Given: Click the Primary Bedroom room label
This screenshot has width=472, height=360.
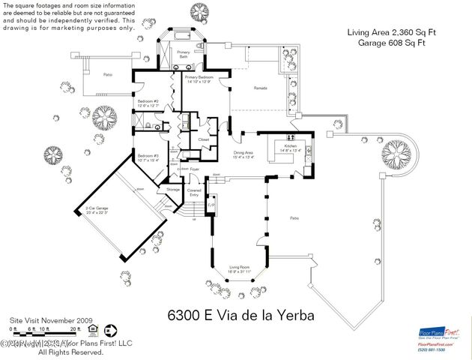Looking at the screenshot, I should pyautogui.click(x=199, y=79).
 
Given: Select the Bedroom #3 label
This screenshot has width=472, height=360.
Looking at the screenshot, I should pyautogui.click(x=148, y=157).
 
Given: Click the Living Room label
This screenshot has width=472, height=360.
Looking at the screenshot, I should pyautogui.click(x=239, y=268).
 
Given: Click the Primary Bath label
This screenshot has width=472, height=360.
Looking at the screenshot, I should pyautogui.click(x=182, y=54).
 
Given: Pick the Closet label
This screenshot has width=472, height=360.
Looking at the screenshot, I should pyautogui.click(x=203, y=139).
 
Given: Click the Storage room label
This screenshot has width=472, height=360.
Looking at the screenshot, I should pyautogui.click(x=173, y=190).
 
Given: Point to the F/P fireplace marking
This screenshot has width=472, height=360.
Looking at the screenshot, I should pyautogui.click(x=211, y=205).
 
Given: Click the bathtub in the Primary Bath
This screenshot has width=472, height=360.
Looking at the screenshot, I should pyautogui.click(x=182, y=36).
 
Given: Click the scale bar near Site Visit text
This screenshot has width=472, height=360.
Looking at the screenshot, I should pyautogui.click(x=45, y=328).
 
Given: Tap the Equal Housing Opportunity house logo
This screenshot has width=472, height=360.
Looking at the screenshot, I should pyautogui.click(x=93, y=328).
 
